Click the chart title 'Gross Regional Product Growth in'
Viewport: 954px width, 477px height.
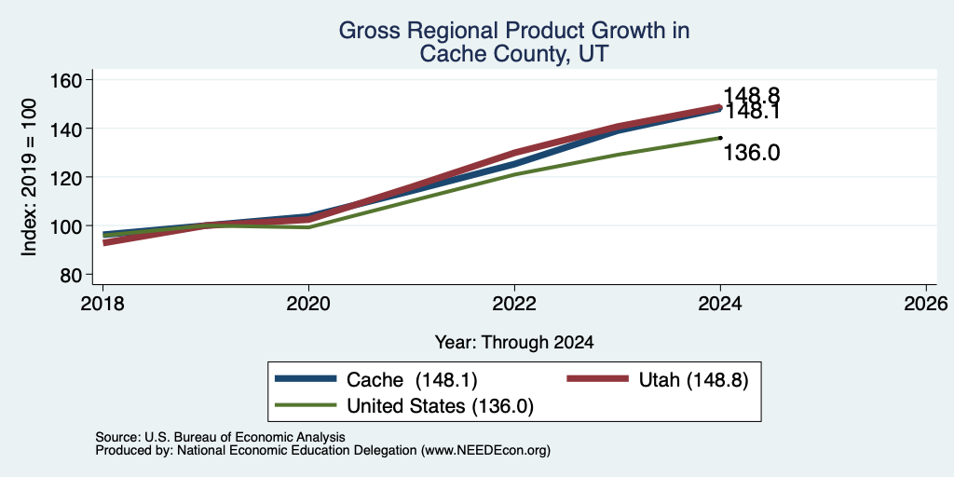[x=513, y=31]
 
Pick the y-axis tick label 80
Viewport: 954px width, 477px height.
[x=73, y=275]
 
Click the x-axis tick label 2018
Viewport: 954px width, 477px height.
[x=102, y=304]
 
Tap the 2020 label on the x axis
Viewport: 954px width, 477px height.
[x=308, y=304]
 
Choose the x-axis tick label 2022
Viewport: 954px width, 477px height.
[x=514, y=304]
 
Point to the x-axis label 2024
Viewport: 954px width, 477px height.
[x=720, y=304]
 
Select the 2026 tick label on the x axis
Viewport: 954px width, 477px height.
[x=926, y=304]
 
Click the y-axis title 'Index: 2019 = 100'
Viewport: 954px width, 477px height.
[x=29, y=177]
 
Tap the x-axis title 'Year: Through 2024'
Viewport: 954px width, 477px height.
[x=514, y=343]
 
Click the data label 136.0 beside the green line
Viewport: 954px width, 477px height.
[x=752, y=154]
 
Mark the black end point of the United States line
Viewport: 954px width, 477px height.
[x=720, y=138]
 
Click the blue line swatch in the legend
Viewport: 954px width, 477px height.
[x=306, y=379]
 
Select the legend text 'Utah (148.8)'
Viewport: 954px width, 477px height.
[x=693, y=380]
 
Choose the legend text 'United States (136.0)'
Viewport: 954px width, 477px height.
[x=440, y=406]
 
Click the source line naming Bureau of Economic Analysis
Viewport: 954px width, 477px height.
[x=220, y=437]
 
